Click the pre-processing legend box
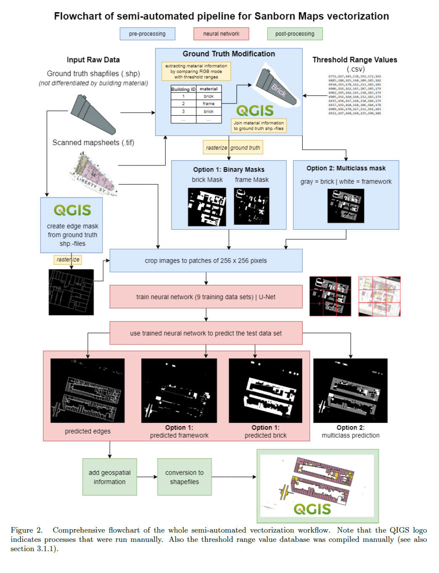pyautogui.click(x=147, y=34)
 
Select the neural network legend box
pyautogui.click(x=221, y=34)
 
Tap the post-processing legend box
pyautogui.click(x=295, y=34)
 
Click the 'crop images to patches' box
pyautogui.click(x=206, y=260)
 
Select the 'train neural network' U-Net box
pyautogui.click(x=206, y=297)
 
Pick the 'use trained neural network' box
pyautogui.click(x=206, y=333)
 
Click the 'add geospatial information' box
pyautogui.click(x=109, y=477)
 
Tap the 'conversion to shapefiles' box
pyautogui.click(x=184, y=477)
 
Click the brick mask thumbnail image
pyautogui.click(x=207, y=207)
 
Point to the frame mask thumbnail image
pyautogui.click(x=251, y=206)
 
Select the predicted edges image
pyautogui.click(x=87, y=390)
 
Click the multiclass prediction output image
pyautogui.click(x=350, y=390)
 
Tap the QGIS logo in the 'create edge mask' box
pyautogui.click(x=72, y=210)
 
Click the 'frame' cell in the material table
pyautogui.click(x=209, y=103)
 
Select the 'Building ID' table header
pyautogui.click(x=183, y=89)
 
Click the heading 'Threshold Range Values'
pyautogui.click(x=354, y=60)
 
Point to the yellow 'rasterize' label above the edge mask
pyautogui.click(x=68, y=260)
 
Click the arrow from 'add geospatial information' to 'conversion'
pyautogui.click(x=147, y=477)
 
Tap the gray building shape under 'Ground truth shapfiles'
pyautogui.click(x=92, y=114)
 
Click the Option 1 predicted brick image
pyautogui.click(x=265, y=390)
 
